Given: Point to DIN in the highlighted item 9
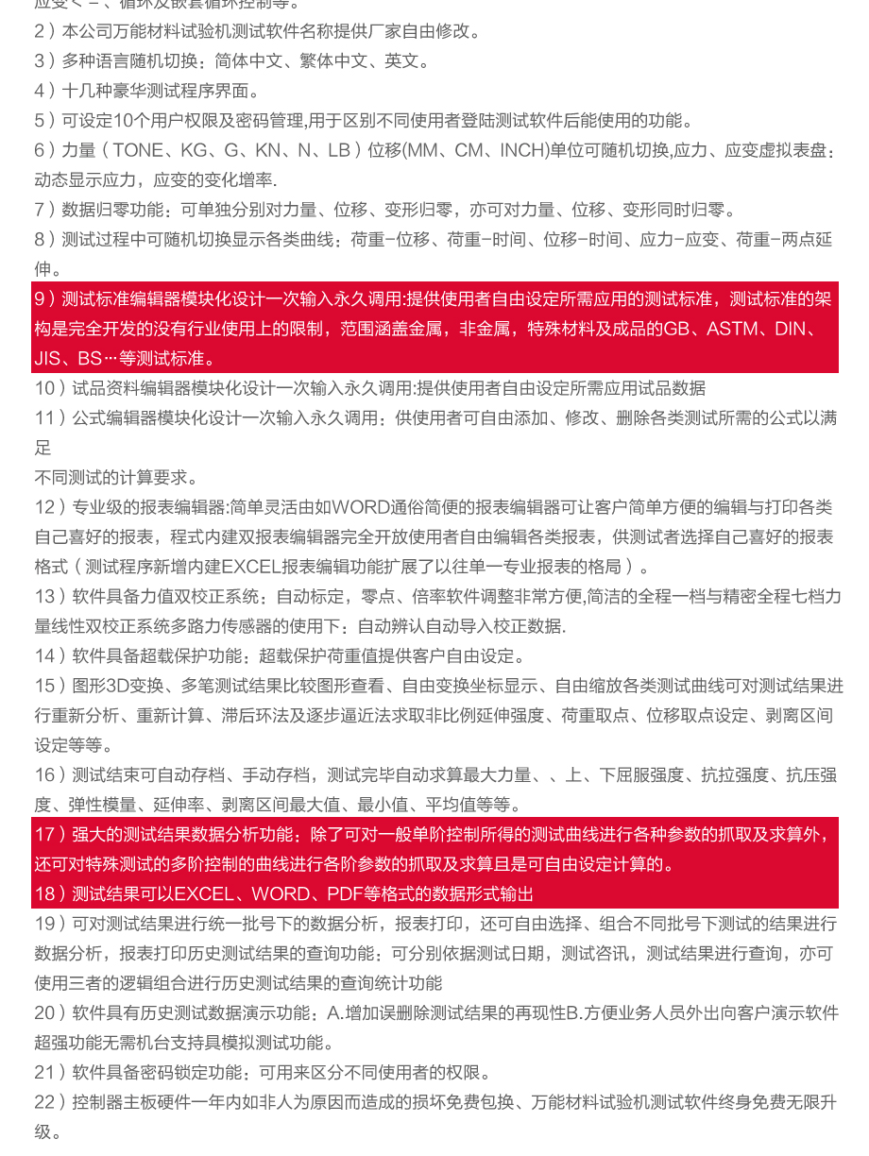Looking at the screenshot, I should coord(795,330).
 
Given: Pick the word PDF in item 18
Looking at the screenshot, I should coord(346,893).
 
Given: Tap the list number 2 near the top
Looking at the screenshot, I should coord(40,31).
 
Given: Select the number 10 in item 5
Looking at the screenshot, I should coord(124,121).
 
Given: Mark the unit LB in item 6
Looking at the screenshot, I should coord(338,151).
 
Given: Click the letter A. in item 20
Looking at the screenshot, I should coord(334,1013).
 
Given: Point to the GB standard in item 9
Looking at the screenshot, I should coord(675,330).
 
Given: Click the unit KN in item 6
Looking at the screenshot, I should coord(267,151).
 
